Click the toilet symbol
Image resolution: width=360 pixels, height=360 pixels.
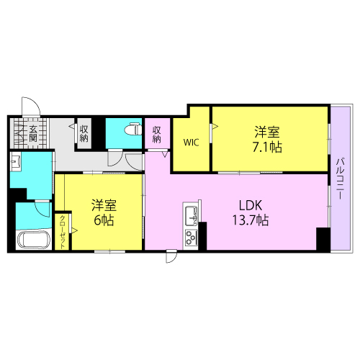click(133, 129)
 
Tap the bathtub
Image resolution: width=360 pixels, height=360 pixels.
click(34, 240)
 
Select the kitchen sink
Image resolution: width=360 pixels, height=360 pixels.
click(191, 216)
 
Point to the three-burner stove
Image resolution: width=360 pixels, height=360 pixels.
click(191, 238)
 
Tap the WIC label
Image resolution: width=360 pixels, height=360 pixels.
click(191, 143)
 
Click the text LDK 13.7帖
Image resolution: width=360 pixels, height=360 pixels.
click(251, 212)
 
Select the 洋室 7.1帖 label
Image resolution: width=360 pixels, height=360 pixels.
click(267, 139)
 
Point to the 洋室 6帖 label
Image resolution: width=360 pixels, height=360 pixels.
click(104, 212)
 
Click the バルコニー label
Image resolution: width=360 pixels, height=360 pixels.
click(340, 178)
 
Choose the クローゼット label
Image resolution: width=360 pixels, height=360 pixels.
click(62, 232)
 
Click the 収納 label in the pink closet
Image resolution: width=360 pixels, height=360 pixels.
click(156, 135)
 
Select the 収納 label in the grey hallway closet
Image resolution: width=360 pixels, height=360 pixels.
click(84, 133)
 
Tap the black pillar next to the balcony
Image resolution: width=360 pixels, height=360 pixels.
click(323, 239)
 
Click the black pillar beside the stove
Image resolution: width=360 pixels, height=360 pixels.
click(202, 236)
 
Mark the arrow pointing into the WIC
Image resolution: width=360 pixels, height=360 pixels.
click(215, 126)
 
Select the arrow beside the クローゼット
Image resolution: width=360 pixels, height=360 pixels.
click(74, 231)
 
